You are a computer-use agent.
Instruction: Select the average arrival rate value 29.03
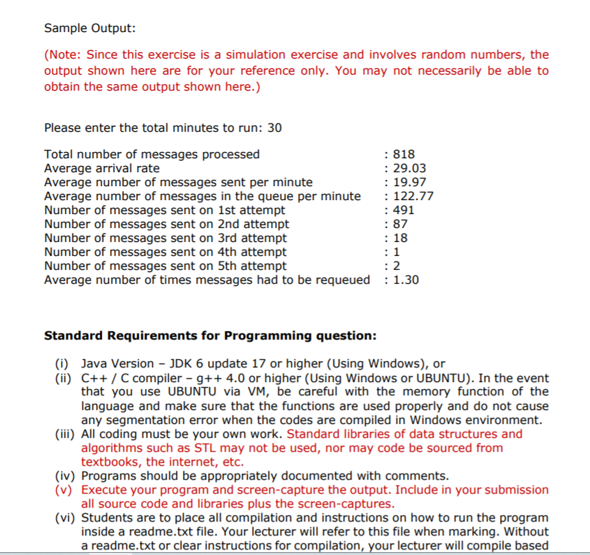point(410,168)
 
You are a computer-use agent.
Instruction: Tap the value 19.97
point(410,183)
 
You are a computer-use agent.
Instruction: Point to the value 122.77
point(413,197)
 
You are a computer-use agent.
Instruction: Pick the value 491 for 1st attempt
point(405,210)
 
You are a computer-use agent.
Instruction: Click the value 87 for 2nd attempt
point(401,225)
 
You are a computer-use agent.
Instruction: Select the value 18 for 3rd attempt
point(401,238)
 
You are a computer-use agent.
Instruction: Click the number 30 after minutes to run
point(275,128)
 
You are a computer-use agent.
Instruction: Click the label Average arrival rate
point(102,168)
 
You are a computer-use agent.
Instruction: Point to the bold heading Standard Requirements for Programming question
point(210,335)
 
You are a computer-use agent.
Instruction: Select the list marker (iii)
point(65,434)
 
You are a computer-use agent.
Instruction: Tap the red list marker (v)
point(65,490)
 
